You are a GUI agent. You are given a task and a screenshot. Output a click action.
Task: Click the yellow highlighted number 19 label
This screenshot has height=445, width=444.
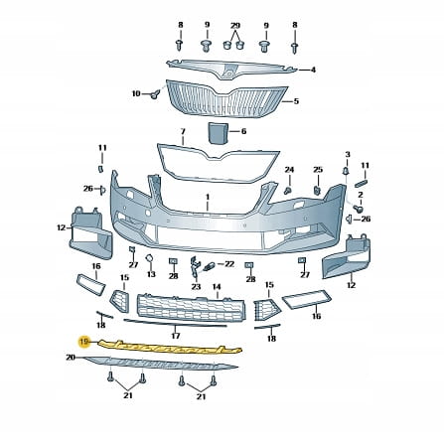pos(84,342)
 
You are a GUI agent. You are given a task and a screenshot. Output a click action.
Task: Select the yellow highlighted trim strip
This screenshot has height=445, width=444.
pos(170,348)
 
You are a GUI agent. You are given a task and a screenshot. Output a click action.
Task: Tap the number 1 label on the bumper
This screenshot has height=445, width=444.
pos(208,198)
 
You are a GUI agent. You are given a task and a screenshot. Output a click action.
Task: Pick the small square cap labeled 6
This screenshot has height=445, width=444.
pos(218,133)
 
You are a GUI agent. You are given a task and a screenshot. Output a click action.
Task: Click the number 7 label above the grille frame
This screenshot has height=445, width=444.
pos(183,132)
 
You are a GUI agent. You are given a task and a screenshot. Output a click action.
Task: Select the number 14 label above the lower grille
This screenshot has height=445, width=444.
pos(217,287)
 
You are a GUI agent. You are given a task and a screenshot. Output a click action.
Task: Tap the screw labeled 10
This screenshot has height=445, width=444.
pos(154,95)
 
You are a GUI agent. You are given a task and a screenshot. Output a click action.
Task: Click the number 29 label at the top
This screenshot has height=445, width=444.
pos(235,26)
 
